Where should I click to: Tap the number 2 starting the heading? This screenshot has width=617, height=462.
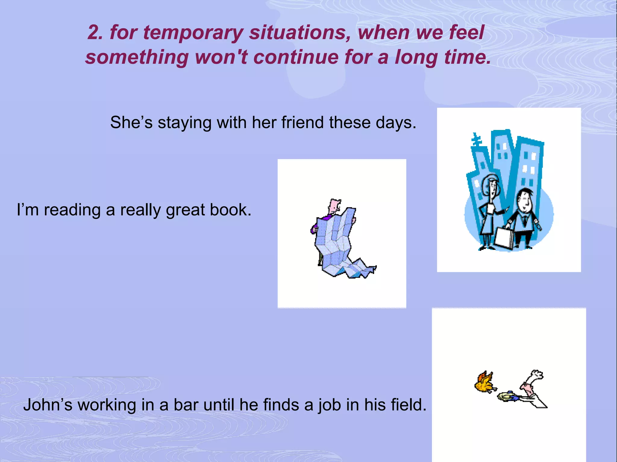pyautogui.click(x=95, y=32)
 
